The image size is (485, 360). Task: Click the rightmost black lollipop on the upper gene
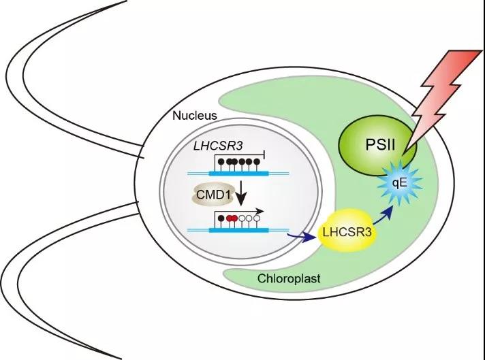(257, 163)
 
